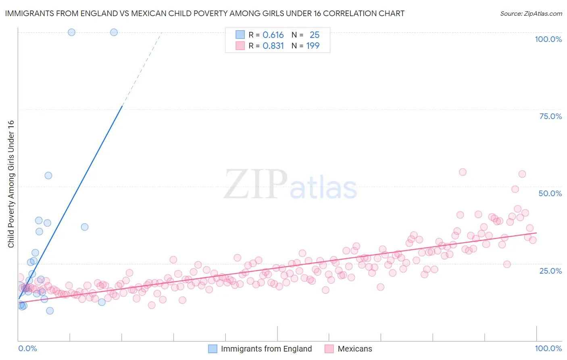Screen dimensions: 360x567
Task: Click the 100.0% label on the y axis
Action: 548,39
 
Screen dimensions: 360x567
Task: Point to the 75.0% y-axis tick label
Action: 550,116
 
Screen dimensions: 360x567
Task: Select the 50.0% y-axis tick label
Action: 550,193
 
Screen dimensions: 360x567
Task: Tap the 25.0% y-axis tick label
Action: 550,270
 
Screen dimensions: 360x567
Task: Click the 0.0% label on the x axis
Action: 27,348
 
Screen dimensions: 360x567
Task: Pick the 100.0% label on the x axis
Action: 548,348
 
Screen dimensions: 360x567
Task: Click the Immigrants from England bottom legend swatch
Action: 213,349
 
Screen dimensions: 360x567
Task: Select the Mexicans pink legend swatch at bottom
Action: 329,349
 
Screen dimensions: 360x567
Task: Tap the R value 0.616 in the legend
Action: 273,35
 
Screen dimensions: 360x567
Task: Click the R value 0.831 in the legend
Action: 273,46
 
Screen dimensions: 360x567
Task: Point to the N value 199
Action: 313,46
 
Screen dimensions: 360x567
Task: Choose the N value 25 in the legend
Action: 315,35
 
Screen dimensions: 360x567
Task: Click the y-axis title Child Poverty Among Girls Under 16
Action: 11,184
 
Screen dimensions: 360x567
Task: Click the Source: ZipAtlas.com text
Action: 531,14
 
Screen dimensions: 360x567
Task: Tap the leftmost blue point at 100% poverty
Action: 71,32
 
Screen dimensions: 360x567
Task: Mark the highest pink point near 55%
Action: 463,172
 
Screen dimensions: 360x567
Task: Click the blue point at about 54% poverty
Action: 48,176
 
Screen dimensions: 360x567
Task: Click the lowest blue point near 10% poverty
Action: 50,311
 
